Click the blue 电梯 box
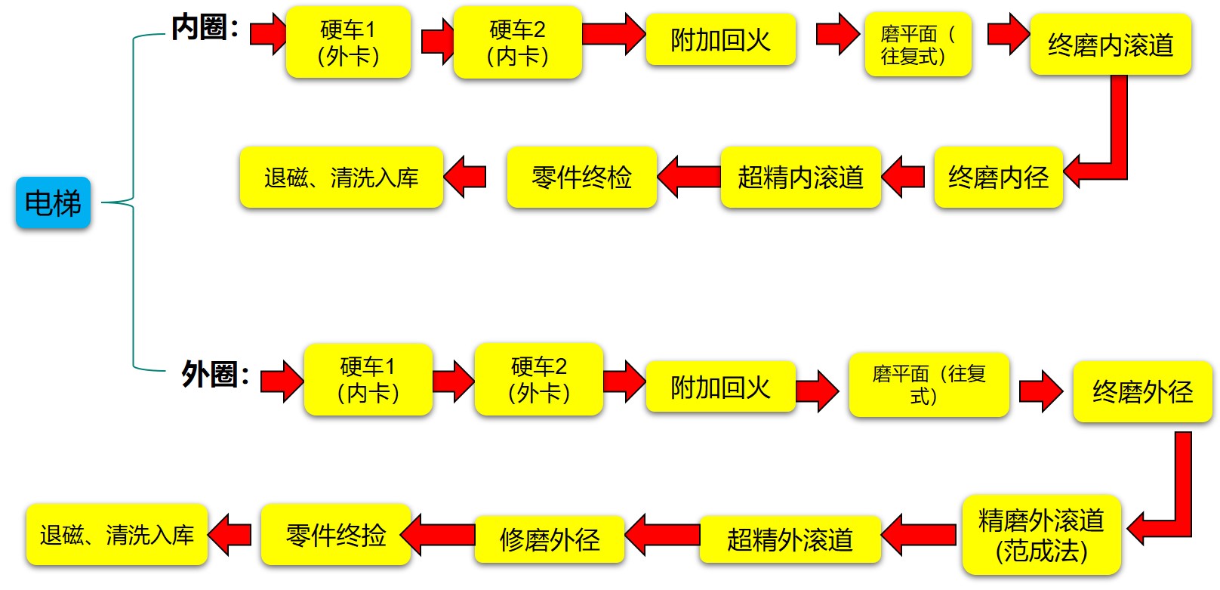click(x=53, y=202)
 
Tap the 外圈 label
click(x=215, y=374)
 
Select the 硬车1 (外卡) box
click(x=348, y=42)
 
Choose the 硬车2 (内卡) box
click(x=517, y=42)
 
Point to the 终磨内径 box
click(x=998, y=178)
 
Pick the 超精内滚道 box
click(x=800, y=178)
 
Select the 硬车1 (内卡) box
click(x=368, y=380)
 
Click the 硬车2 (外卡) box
click(x=538, y=380)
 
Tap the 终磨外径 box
click(x=1142, y=391)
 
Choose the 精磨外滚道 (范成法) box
click(x=1041, y=535)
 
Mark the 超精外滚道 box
click(x=790, y=539)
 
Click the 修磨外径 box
click(x=550, y=539)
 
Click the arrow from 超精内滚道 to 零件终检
click(x=689, y=177)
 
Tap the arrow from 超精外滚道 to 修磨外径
click(x=662, y=535)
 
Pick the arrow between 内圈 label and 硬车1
click(x=268, y=33)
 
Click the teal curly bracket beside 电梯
click(x=134, y=202)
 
